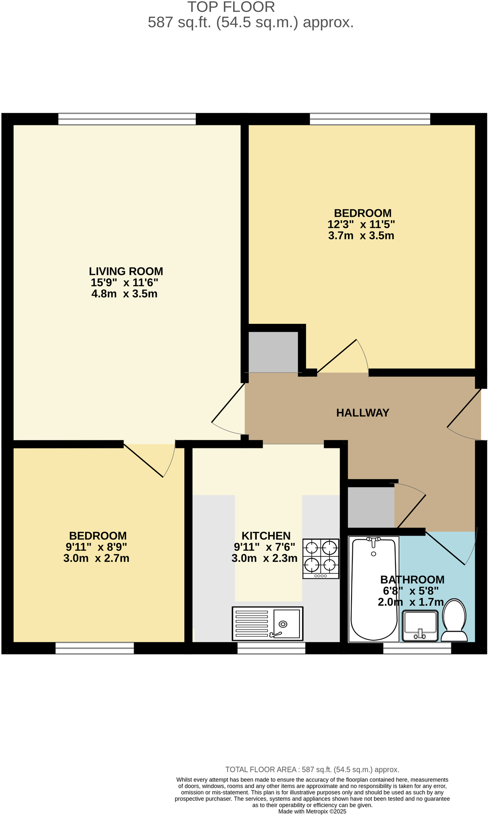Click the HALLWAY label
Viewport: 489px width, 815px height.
point(362,413)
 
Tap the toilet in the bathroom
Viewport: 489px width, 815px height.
point(454,621)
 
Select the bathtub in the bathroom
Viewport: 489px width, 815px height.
point(373,588)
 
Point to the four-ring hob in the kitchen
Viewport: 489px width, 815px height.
point(321,558)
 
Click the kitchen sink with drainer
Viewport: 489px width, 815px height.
point(267,623)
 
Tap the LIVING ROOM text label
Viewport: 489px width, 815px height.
point(126,271)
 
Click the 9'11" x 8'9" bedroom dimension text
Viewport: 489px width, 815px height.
point(96,547)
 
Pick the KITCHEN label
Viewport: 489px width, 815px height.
point(266,536)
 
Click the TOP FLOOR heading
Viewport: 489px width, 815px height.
point(231,7)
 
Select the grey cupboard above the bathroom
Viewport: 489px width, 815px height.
point(371,507)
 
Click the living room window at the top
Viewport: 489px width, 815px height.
point(127,119)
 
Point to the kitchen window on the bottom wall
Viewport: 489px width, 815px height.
point(271,648)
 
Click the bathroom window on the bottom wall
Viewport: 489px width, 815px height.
point(417,648)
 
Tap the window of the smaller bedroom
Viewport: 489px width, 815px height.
point(95,648)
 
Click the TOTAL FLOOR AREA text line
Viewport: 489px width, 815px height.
point(312,770)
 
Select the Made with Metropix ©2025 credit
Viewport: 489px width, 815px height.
point(312,811)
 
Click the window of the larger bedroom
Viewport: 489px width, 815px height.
point(370,119)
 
